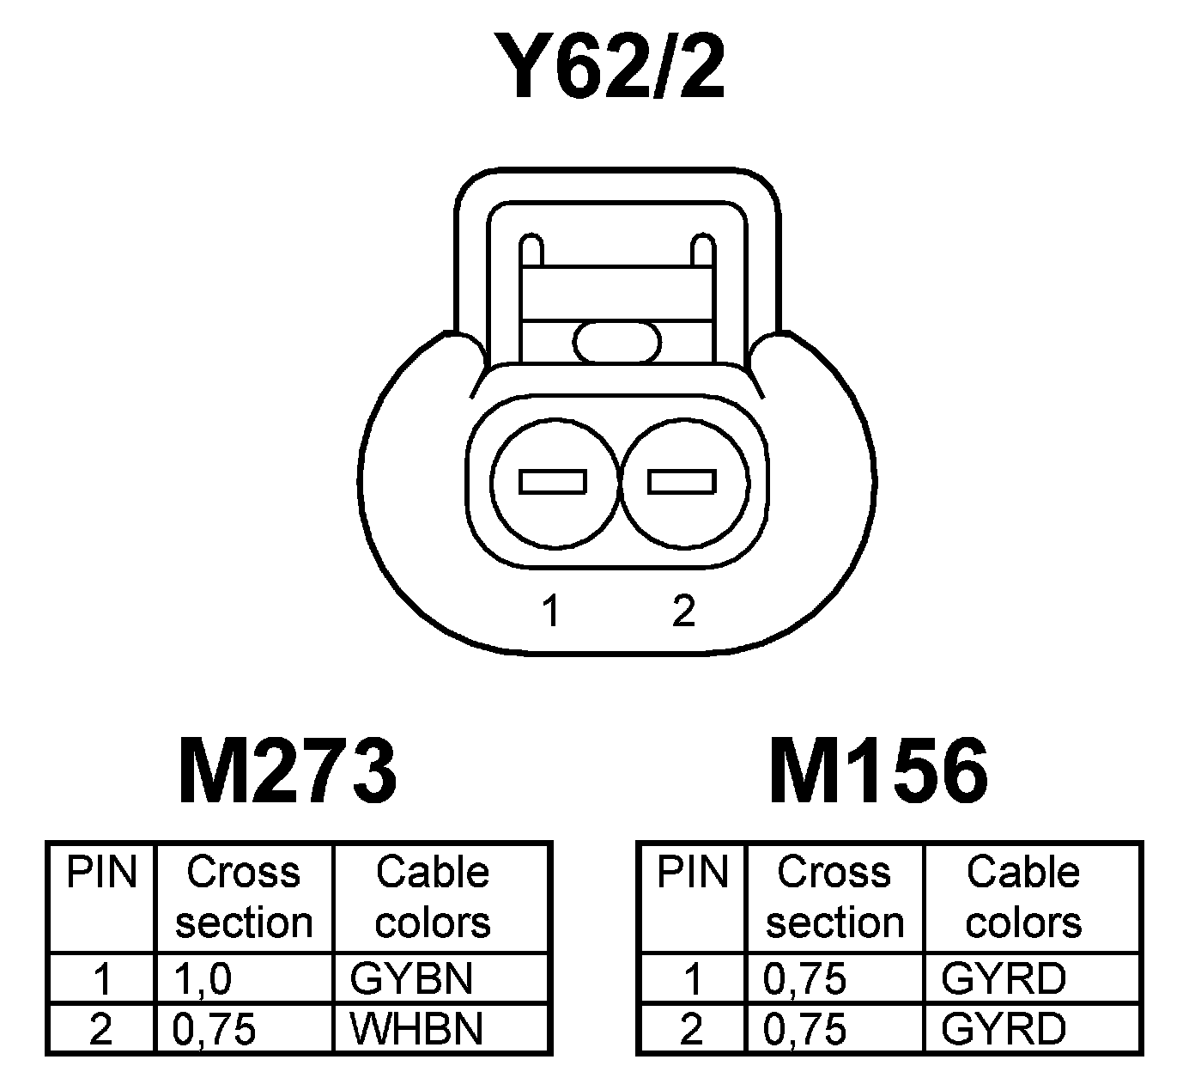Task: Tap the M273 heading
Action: [288, 770]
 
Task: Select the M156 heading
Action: [877, 770]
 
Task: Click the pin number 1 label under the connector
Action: [550, 612]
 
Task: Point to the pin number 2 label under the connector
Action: [683, 611]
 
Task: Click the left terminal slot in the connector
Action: [553, 482]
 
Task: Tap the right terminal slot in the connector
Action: [682, 482]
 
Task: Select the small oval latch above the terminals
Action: [617, 341]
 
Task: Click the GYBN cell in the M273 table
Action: [412, 978]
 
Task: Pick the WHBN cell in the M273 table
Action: [417, 1028]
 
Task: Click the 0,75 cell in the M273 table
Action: [214, 1028]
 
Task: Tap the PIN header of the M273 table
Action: [102, 873]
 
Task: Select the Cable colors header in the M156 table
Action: [1023, 898]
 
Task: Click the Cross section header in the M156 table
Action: [834, 898]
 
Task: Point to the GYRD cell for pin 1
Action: [1004, 978]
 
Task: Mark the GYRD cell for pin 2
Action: [1004, 1028]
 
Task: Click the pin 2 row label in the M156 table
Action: [691, 1028]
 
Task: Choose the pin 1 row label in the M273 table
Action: [102, 978]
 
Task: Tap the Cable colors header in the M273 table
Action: [433, 898]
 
